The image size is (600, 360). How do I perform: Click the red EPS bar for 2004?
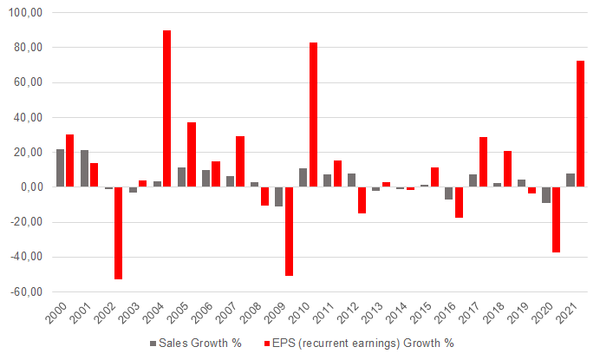166,108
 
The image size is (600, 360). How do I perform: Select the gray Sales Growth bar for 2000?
61,167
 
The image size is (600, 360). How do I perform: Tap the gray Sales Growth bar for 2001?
85,168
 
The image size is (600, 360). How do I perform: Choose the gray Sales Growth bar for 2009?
279,196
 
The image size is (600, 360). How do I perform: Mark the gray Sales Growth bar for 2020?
546,194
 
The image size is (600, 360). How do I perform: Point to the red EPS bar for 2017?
483,161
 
